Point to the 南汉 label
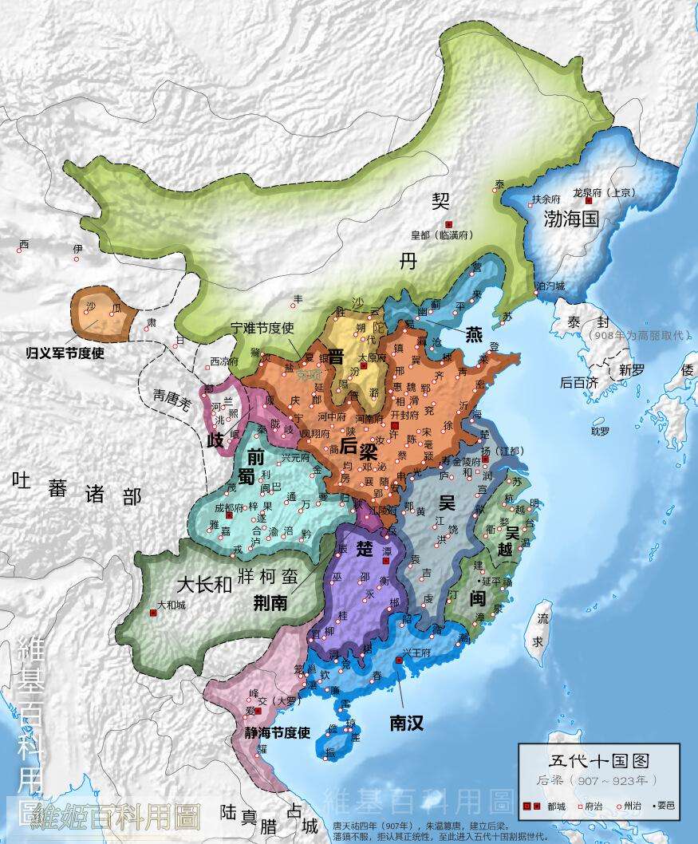(406, 724)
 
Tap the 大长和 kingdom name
(203, 584)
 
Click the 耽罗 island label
(600, 431)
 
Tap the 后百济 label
(578, 383)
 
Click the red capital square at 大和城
(152, 613)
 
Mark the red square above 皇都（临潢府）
(449, 224)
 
